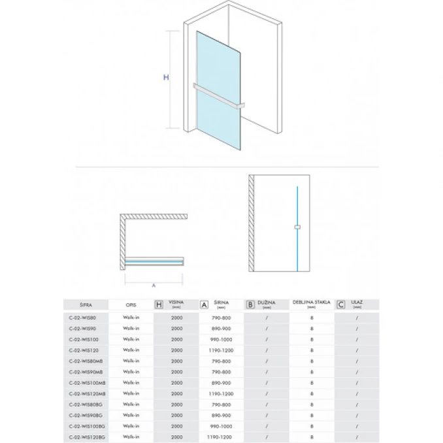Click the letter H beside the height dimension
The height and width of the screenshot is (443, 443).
tap(166, 77)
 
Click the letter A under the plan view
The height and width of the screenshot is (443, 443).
tap(153, 286)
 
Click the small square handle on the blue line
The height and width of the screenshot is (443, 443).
tap(297, 227)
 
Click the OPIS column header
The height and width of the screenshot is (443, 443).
tap(131, 304)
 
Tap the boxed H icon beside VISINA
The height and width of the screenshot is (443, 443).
tap(158, 304)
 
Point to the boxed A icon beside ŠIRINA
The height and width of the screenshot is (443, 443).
tap(204, 304)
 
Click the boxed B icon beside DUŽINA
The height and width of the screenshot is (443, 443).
tap(250, 304)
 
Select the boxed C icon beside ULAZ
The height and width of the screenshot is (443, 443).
tap(340, 304)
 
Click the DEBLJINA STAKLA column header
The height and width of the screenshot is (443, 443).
tap(312, 304)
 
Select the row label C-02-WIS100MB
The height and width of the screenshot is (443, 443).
tap(87, 382)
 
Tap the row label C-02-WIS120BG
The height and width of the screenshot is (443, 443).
tap(87, 436)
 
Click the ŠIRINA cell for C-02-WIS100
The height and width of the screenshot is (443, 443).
tap(221, 339)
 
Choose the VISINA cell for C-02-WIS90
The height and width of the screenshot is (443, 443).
tap(177, 328)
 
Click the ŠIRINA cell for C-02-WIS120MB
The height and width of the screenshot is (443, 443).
tap(221, 393)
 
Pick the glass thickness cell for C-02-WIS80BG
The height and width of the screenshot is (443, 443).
tap(312, 404)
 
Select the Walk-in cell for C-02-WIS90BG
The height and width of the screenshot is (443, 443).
tap(131, 415)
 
